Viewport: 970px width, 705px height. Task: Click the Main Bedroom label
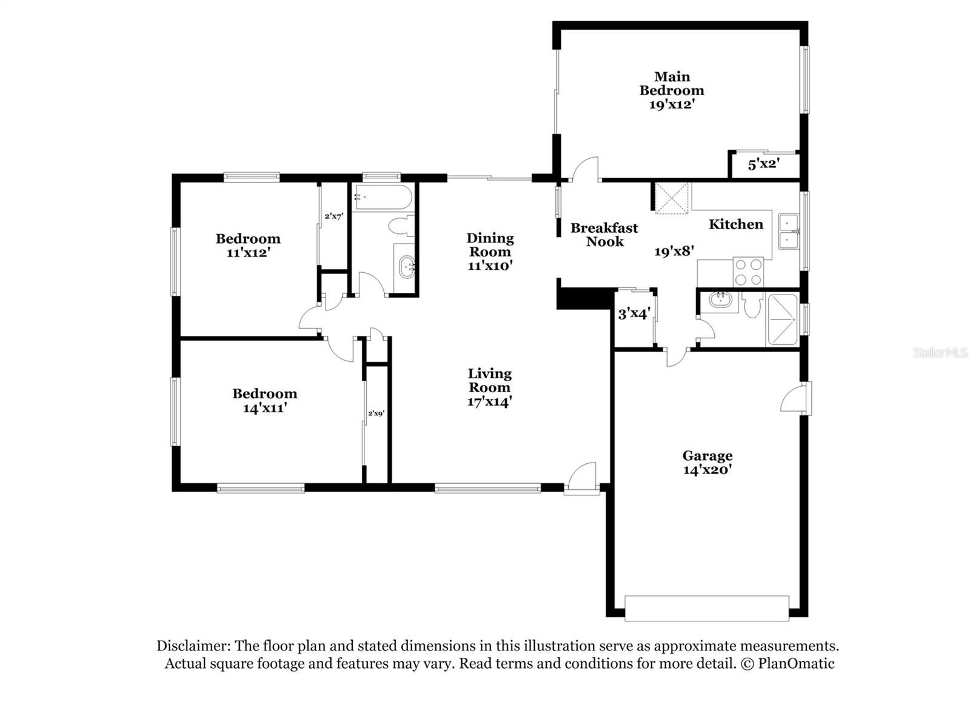click(x=672, y=84)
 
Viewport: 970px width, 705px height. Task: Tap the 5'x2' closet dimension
click(x=763, y=164)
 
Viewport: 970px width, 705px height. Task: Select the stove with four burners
click(x=748, y=272)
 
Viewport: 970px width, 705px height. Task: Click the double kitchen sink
click(x=789, y=232)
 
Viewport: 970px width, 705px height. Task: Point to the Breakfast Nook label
click(x=604, y=235)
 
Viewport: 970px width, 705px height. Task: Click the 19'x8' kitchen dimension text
click(x=674, y=251)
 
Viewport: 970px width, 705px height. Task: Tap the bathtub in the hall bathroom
click(x=383, y=198)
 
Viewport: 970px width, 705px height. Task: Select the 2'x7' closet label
click(x=333, y=216)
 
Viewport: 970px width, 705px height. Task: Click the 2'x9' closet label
click(x=376, y=413)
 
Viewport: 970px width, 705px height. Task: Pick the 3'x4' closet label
click(x=634, y=314)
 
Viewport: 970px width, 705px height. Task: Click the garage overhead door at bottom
click(x=706, y=608)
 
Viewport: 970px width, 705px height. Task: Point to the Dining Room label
click(x=490, y=244)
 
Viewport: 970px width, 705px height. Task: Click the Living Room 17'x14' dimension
click(x=490, y=401)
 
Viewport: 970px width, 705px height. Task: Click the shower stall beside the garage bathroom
click(x=783, y=319)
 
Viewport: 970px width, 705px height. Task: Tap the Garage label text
click(x=707, y=455)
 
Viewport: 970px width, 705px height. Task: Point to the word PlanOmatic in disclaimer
click(x=795, y=664)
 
